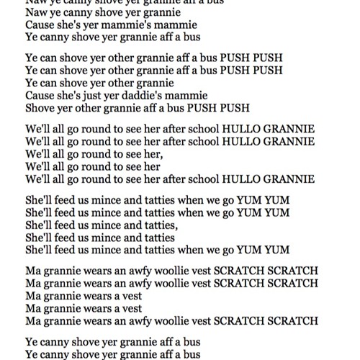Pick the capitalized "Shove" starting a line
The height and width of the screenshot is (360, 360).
point(40,109)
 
